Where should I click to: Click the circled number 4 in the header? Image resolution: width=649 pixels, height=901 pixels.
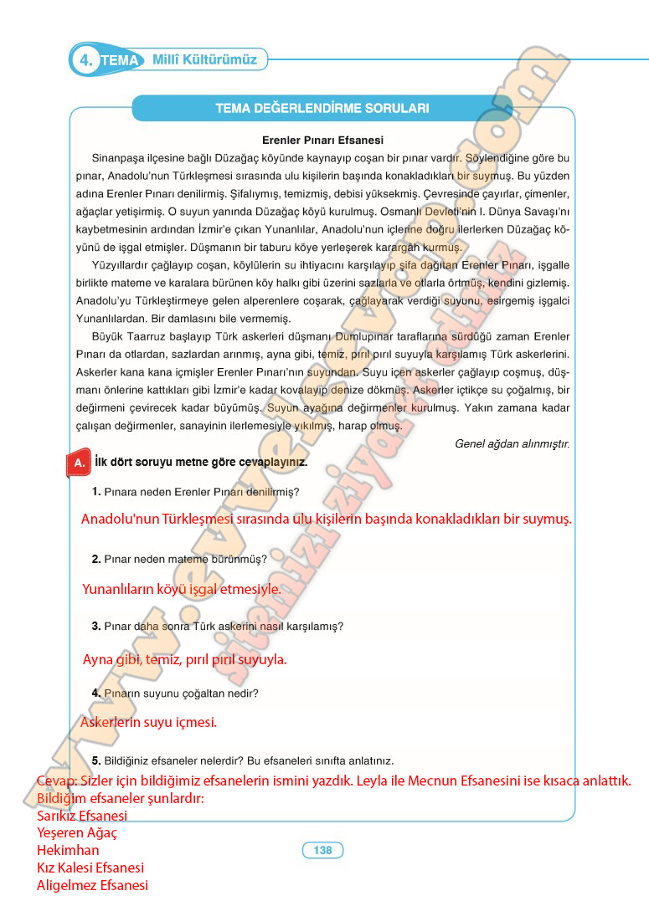point(85,60)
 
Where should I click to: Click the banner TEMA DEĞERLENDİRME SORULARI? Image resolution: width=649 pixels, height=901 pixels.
point(322,108)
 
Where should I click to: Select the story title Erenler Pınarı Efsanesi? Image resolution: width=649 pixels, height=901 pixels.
point(322,141)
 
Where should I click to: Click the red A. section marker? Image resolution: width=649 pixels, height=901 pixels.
point(78,463)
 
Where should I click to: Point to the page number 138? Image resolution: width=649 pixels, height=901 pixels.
point(322,850)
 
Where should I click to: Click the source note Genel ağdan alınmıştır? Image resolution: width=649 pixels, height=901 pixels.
point(512,443)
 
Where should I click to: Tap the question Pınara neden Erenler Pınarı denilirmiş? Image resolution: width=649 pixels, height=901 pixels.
point(196,492)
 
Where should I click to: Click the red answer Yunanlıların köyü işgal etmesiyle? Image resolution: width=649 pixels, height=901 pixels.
point(182,589)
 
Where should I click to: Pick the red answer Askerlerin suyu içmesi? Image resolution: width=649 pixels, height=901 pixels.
point(149,722)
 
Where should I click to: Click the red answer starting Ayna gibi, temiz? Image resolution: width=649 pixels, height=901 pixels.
point(184,659)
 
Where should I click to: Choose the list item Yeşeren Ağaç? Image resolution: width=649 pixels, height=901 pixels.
point(77,833)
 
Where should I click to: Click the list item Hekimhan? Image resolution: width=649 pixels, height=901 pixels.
point(68,850)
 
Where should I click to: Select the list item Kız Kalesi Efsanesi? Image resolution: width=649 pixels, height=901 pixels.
point(90,868)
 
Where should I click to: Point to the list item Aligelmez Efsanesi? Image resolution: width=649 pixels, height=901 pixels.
point(92,885)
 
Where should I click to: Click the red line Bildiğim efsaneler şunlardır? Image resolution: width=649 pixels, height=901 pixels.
point(121,798)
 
